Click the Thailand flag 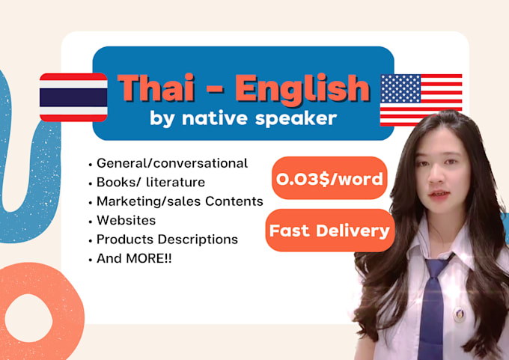point(73,97)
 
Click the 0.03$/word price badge point(329,178)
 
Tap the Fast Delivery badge point(329,230)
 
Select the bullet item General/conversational point(171,163)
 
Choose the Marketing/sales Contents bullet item point(180,201)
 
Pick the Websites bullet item point(126,221)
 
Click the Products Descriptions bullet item point(167,240)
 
